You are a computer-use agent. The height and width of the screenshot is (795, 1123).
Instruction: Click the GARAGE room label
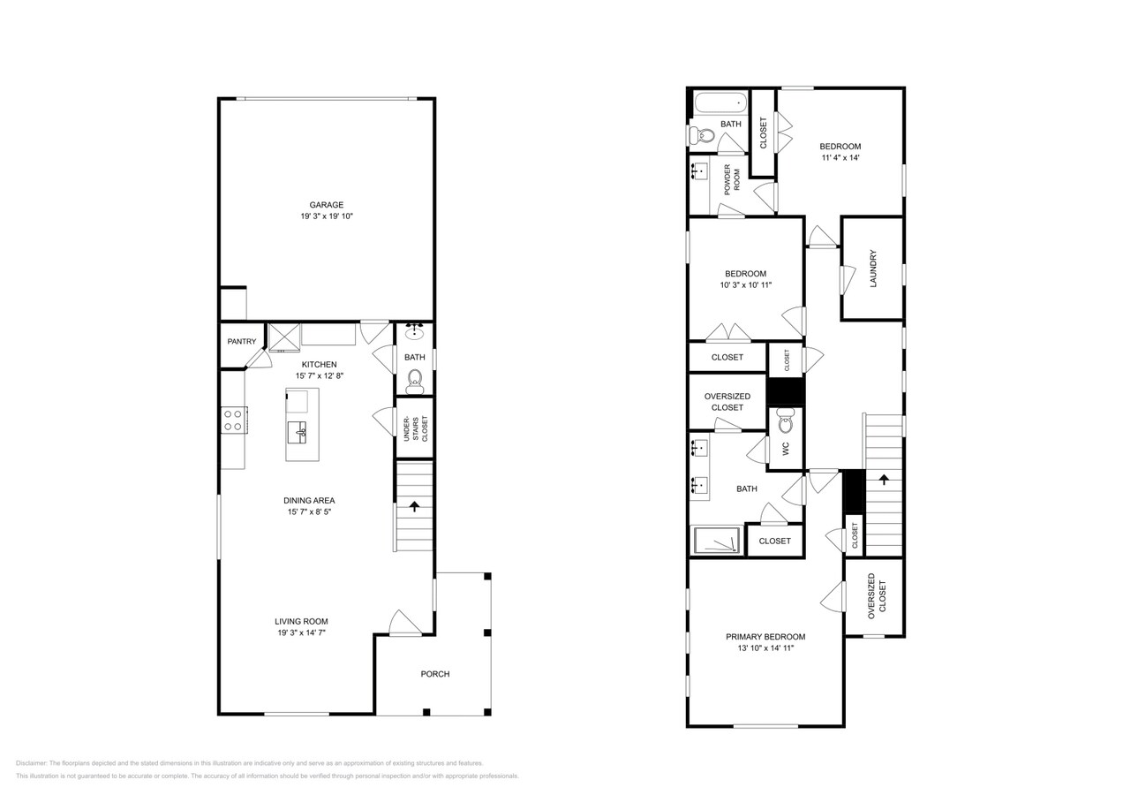pyautogui.click(x=326, y=205)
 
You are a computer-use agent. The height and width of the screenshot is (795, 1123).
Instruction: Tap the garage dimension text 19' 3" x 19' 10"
pyautogui.click(x=326, y=216)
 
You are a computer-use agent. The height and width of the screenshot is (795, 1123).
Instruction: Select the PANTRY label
pyautogui.click(x=241, y=342)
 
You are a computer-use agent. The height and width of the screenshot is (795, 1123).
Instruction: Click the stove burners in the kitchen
pyautogui.click(x=233, y=420)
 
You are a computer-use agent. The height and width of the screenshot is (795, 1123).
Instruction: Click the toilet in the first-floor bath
pyautogui.click(x=414, y=381)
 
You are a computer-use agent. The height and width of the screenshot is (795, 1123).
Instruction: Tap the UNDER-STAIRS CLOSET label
pyautogui.click(x=414, y=428)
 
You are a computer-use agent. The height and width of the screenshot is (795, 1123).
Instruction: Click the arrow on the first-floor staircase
pyautogui.click(x=413, y=506)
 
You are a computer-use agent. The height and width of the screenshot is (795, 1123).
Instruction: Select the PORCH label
pyautogui.click(x=434, y=674)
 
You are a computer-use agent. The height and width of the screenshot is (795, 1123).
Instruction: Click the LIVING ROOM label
pyautogui.click(x=301, y=621)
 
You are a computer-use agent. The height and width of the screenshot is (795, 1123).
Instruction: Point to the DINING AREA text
pyautogui.click(x=309, y=500)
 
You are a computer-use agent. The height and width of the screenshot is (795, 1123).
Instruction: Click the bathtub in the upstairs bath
pyautogui.click(x=720, y=102)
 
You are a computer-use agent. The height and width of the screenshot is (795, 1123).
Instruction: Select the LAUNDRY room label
pyautogui.click(x=872, y=269)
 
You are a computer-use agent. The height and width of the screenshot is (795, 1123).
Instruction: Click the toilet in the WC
pyautogui.click(x=785, y=424)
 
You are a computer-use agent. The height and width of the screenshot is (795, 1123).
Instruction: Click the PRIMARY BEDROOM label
pyautogui.click(x=765, y=637)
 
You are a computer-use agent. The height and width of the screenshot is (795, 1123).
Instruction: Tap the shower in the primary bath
pyautogui.click(x=716, y=541)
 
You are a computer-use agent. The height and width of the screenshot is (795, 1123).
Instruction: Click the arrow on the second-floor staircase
pyautogui.click(x=883, y=480)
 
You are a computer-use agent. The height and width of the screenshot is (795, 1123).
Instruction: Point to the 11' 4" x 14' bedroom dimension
pyautogui.click(x=840, y=158)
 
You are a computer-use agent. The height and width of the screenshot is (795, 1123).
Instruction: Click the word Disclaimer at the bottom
pyautogui.click(x=32, y=763)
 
